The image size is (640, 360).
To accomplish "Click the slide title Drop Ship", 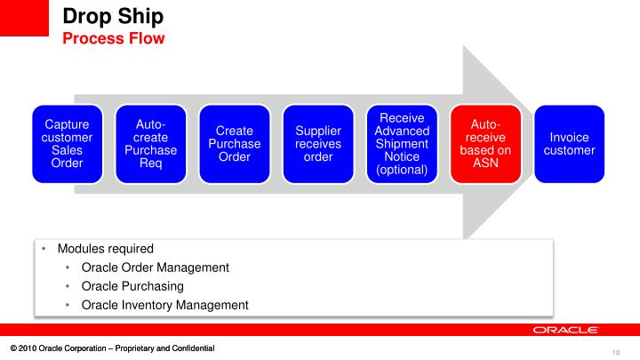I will pyautogui.click(x=112, y=16).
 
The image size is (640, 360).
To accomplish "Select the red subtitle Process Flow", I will pyautogui.click(x=113, y=38).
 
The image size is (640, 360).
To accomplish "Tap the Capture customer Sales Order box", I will pyautogui.click(x=61, y=144).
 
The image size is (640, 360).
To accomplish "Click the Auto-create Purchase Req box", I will pyautogui.click(x=145, y=144).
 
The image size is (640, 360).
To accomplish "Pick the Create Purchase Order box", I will pyautogui.click(x=228, y=144).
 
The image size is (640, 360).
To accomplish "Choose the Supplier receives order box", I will pyautogui.click(x=312, y=144).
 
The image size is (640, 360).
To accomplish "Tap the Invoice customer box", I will pyautogui.click(x=570, y=144).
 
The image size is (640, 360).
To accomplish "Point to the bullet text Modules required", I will pyautogui.click(x=105, y=248).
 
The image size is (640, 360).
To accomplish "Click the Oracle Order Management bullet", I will pyautogui.click(x=155, y=267).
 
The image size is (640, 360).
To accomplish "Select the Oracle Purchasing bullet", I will pyautogui.click(x=132, y=285).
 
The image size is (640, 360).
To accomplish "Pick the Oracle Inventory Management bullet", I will pyautogui.click(x=164, y=305).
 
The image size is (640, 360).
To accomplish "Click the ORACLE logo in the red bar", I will pyautogui.click(x=564, y=330).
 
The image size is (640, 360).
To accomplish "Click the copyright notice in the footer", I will pyautogui.click(x=112, y=347).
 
